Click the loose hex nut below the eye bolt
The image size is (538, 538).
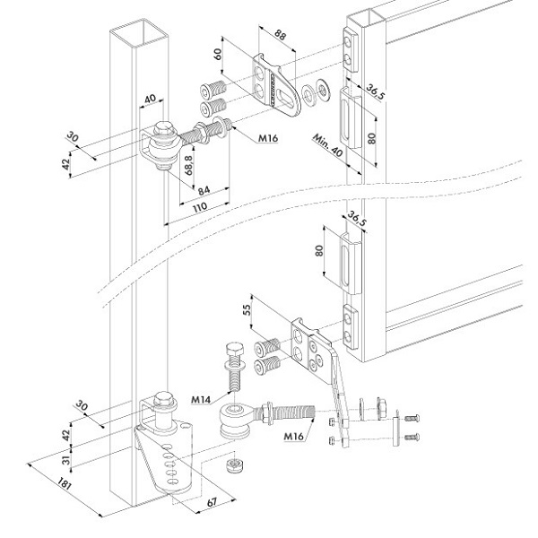(235, 464)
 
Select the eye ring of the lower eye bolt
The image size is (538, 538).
(235, 419)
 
